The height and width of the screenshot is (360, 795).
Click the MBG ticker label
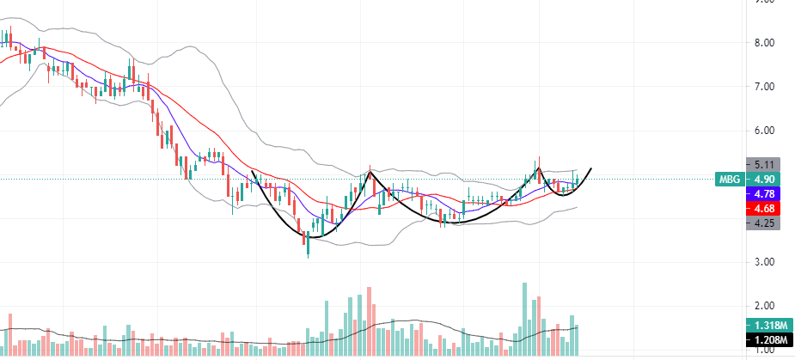(729, 179)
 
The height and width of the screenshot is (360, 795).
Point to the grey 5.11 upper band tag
(764, 164)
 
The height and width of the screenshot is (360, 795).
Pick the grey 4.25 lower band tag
(764, 222)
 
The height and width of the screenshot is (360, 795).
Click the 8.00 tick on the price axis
(764, 43)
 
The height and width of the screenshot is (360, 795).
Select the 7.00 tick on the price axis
(764, 87)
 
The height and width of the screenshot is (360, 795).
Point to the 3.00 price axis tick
(764, 262)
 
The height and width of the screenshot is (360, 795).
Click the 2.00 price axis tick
(764, 306)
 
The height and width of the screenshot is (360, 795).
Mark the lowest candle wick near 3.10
(308, 256)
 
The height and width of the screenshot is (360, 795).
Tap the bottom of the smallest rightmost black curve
(564, 195)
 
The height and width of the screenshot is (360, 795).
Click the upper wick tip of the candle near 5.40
(539, 158)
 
